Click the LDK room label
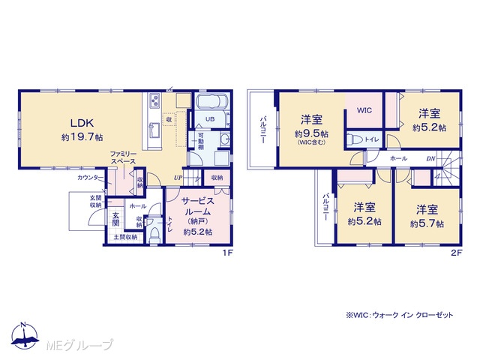pos(82,123)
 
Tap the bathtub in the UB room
pos(211,102)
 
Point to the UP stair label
pos(178,178)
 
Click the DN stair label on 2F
pos(430,159)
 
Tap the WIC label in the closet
pos(364,110)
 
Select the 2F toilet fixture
pos(355,139)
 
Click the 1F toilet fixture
pos(154,235)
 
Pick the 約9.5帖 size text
pos(311,133)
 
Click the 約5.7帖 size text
pos(427,223)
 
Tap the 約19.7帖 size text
pos(82,137)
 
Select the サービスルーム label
pos(197,206)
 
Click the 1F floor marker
pos(228,253)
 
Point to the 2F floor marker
pos(457,253)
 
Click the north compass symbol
pos(25,335)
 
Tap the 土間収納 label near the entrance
pos(125,237)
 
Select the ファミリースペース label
pos(123,157)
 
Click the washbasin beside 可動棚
pos(225,140)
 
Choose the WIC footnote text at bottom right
pos(400,315)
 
